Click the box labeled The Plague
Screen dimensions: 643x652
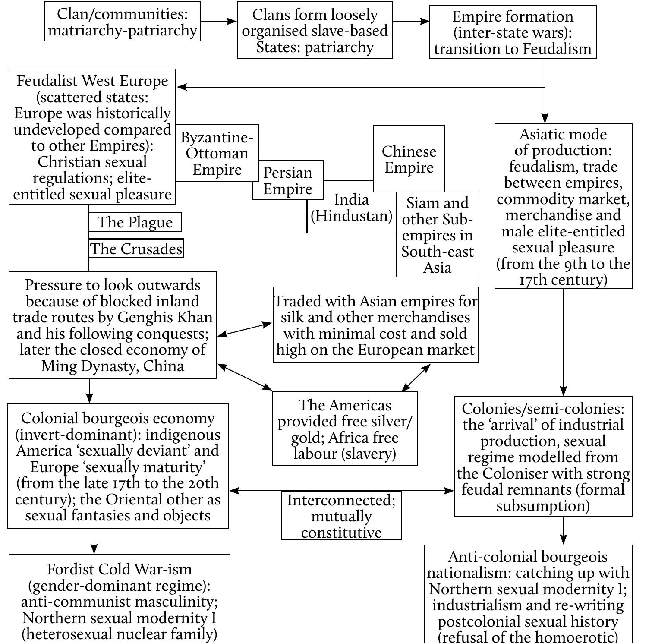[135, 222]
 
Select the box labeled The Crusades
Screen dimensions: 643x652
[136, 249]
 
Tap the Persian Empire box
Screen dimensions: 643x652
[288, 181]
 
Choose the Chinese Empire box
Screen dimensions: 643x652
[409, 159]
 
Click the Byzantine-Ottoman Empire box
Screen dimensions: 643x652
[217, 153]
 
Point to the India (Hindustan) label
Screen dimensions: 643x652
[352, 208]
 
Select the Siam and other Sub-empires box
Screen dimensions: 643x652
[437, 235]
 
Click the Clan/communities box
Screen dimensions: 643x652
[123, 22]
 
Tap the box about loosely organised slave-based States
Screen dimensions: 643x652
[315, 30]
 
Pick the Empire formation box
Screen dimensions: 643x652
[513, 32]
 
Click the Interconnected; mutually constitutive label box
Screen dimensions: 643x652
[341, 516]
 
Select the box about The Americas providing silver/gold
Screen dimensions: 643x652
[345, 429]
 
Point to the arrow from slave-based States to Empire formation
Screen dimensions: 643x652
[411, 21]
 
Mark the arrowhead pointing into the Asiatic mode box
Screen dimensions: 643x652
[545, 119]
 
